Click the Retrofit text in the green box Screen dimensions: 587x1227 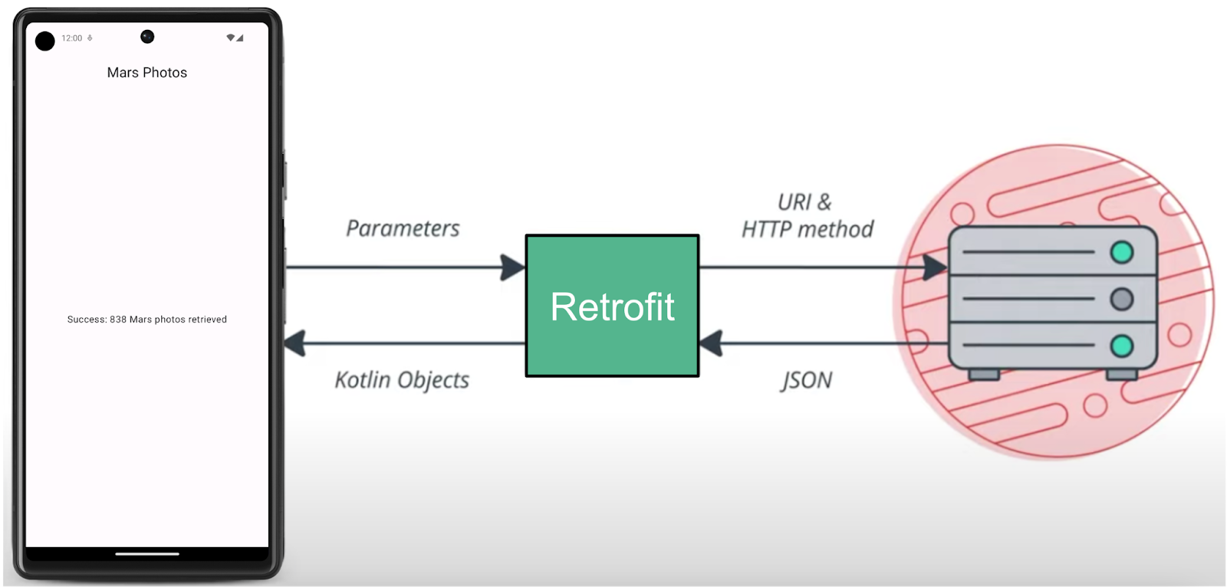[x=612, y=307]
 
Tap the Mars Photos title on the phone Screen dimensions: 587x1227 [x=147, y=73]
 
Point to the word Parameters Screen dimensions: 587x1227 [x=403, y=228]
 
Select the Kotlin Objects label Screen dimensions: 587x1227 [x=402, y=380]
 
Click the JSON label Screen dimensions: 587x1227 [x=806, y=380]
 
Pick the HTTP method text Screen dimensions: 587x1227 [x=807, y=229]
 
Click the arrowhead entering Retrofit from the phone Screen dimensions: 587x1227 [x=512, y=267]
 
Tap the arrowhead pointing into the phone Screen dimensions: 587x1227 [x=295, y=343]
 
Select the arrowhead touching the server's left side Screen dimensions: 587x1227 [x=934, y=267]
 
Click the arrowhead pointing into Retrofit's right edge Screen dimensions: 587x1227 [x=712, y=343]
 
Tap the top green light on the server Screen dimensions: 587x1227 [x=1122, y=252]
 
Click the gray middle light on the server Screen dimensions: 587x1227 [x=1122, y=299]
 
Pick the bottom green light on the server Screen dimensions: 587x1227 [x=1122, y=346]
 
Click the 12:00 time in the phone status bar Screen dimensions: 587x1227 [x=71, y=38]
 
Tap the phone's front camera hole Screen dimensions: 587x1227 [x=147, y=36]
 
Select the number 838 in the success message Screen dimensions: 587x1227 [x=118, y=320]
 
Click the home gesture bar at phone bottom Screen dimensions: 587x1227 [x=147, y=553]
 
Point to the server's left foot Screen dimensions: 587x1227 [x=984, y=375]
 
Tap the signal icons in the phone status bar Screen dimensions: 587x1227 [x=235, y=38]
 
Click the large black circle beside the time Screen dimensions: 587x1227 [x=45, y=41]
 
